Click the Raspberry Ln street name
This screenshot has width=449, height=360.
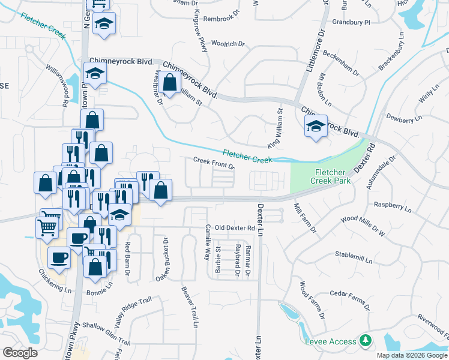393,208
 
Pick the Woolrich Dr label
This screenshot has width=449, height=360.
229,44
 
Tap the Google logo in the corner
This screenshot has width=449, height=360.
20,353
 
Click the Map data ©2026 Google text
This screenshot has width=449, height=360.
412,355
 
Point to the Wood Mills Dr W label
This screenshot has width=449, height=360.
362,224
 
